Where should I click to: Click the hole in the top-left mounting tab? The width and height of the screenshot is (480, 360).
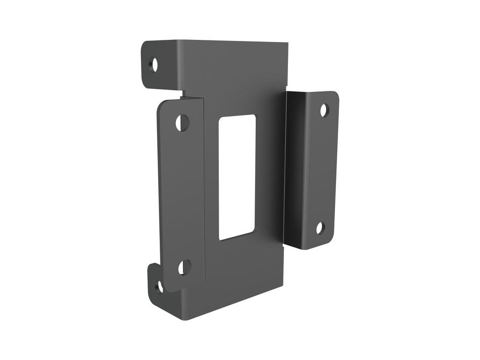(x=154, y=64)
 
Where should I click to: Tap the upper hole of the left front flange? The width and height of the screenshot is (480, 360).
(x=182, y=122)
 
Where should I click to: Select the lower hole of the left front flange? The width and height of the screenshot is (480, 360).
(x=184, y=267)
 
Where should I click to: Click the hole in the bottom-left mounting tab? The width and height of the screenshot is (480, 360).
(x=159, y=286)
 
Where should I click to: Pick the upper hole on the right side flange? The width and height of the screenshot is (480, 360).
(x=324, y=110)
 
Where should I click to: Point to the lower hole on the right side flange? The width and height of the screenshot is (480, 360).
(x=320, y=228)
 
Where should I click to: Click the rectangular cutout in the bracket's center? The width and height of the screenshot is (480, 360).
(x=236, y=177)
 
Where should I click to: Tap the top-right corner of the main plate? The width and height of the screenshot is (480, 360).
(x=287, y=44)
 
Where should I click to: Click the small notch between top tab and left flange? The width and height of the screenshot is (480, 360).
(x=183, y=93)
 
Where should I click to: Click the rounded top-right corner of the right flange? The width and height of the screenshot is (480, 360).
(x=335, y=94)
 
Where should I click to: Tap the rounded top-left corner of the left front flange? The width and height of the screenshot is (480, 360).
(x=161, y=105)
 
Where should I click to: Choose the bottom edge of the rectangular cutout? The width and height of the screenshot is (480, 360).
(x=236, y=237)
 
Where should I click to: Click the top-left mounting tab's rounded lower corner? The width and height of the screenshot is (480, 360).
(x=146, y=84)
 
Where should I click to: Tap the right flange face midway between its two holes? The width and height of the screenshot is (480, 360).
(x=322, y=169)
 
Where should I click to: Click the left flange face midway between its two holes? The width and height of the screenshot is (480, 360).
(x=183, y=195)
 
